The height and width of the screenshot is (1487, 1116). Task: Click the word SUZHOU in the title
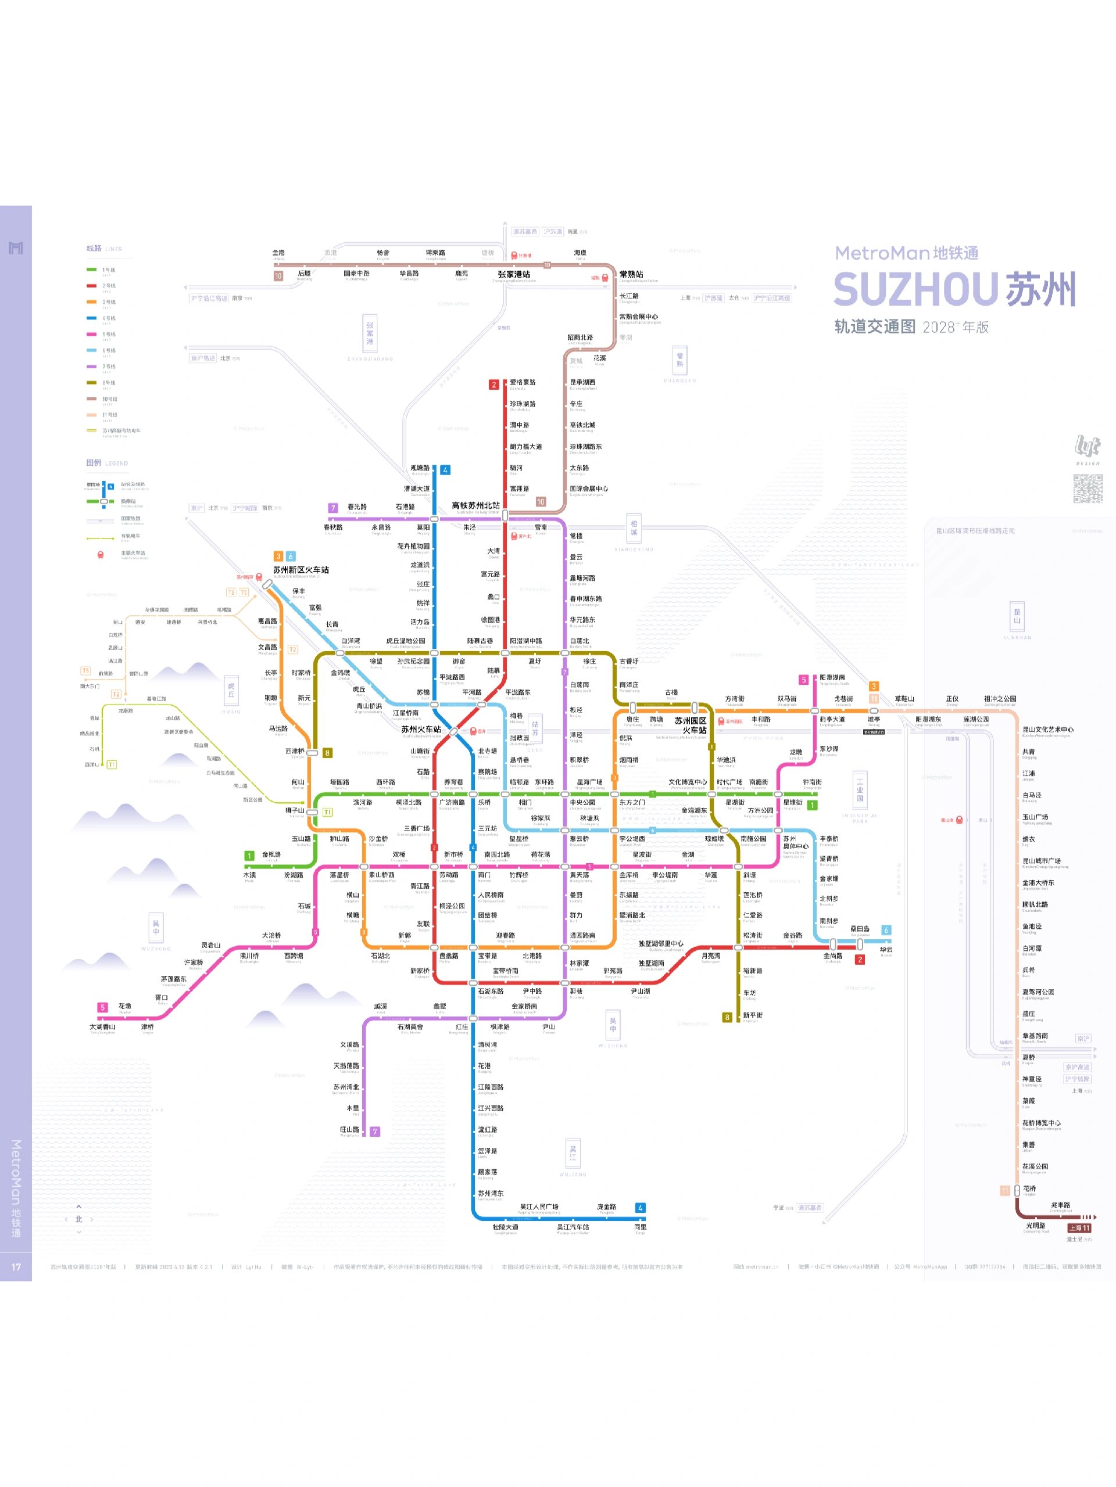pos(915,290)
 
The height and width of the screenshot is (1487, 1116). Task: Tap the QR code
pos(1086,488)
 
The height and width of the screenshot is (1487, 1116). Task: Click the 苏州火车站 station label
pos(421,730)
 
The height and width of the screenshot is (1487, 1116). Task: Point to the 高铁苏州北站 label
pos(475,505)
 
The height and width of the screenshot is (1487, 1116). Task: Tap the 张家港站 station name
pos(514,274)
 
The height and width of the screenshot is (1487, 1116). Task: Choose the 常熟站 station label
pos(631,274)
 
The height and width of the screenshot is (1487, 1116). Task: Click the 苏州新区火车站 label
pos(301,570)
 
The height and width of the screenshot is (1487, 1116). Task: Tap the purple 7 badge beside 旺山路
pos(375,1132)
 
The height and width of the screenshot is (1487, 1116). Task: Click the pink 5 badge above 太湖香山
pos(102,1007)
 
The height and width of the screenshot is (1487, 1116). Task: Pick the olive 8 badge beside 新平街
pos(727,1017)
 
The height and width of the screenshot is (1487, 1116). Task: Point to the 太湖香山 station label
pos(102,1026)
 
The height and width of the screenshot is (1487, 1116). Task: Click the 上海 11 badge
pos(1079,1227)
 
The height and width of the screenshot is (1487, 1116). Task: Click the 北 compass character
pos(78,1219)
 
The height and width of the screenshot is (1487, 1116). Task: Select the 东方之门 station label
pos(632,803)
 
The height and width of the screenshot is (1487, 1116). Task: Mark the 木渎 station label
pos(249,875)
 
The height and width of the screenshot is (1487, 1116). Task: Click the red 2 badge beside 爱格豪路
pos(493,385)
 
